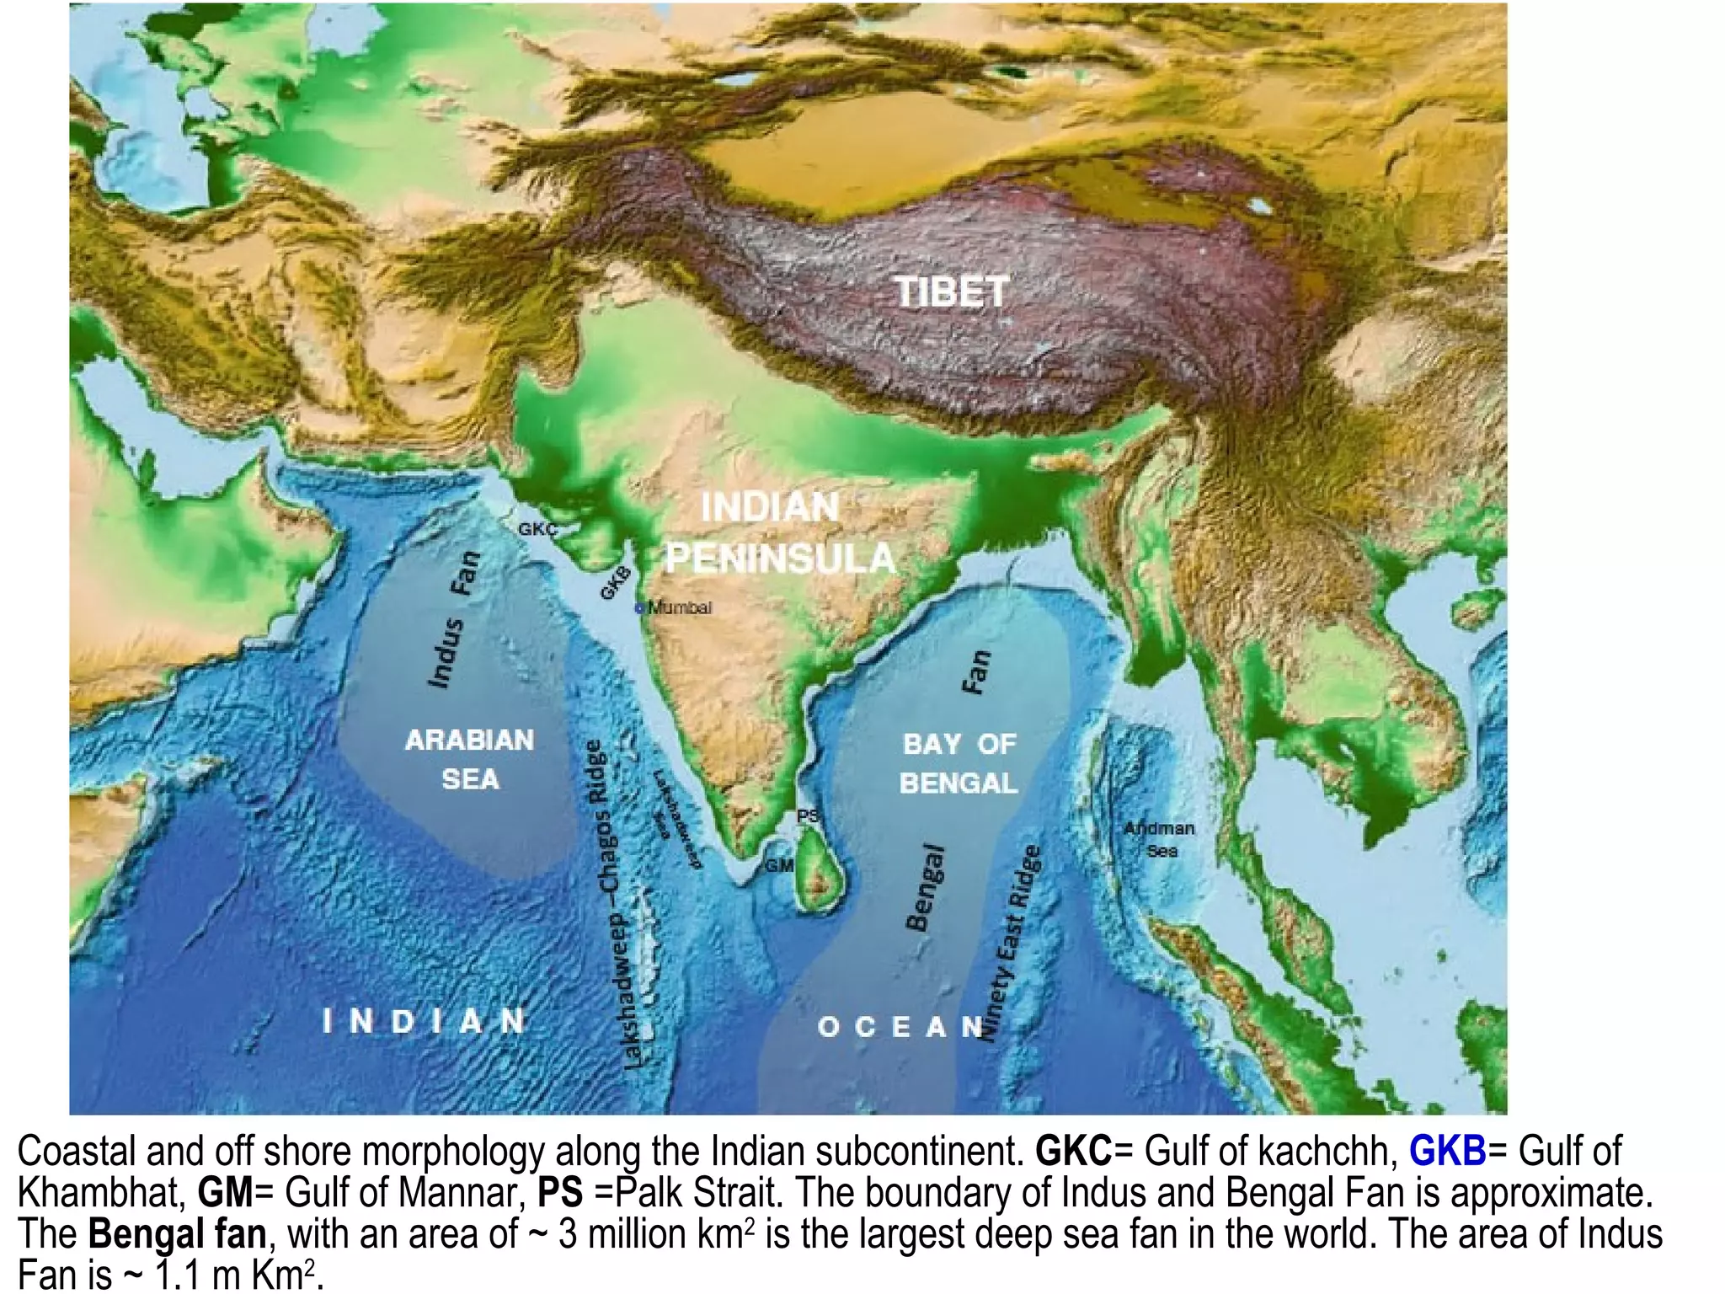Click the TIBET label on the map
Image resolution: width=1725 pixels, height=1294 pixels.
point(952,292)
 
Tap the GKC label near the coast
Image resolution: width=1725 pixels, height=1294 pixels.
point(537,529)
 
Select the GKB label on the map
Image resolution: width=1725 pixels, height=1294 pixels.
point(616,583)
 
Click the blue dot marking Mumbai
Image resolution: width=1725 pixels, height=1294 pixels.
point(639,607)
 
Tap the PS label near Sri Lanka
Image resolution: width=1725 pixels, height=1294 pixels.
point(808,815)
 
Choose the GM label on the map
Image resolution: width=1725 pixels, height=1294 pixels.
point(779,866)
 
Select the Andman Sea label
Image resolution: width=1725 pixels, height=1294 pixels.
point(1160,839)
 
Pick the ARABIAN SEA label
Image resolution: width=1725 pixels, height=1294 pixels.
point(470,759)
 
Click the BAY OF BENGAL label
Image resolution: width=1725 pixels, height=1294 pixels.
point(959,763)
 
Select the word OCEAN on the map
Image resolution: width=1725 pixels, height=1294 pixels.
point(900,1027)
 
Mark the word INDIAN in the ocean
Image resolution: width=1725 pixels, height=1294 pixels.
point(425,1021)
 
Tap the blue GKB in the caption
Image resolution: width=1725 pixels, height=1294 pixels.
point(1447,1151)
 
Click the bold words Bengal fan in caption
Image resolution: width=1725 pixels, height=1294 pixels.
point(177,1233)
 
